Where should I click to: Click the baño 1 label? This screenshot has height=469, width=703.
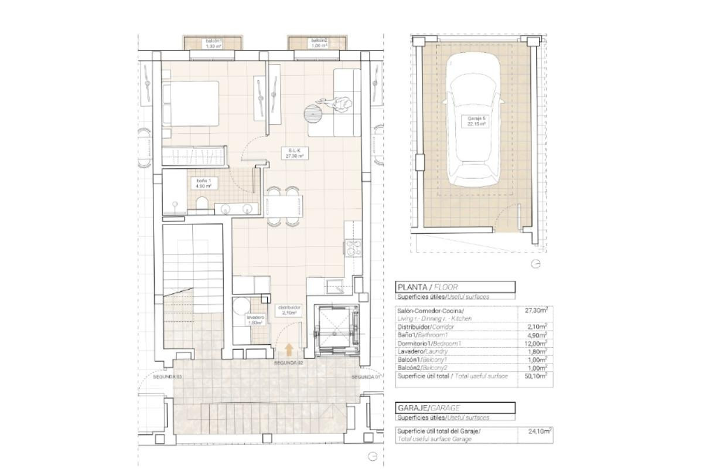pos(203,182)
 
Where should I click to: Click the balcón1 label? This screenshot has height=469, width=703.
pos(213,43)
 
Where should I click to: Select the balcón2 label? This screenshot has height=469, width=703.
pos(319,43)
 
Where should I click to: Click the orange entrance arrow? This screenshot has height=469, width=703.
pos(289,350)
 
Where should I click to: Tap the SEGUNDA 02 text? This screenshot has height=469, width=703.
pos(288,363)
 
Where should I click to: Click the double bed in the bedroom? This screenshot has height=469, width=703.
pos(190,103)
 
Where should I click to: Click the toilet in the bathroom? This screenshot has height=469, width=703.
pos(201,203)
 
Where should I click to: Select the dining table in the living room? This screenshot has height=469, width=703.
pos(284,206)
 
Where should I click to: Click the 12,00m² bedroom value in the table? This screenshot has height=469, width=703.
pos(535,342)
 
